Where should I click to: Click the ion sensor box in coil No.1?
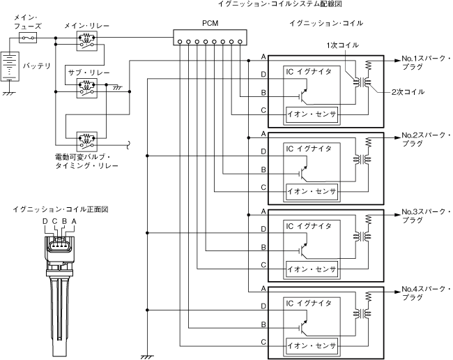[x=312, y=113]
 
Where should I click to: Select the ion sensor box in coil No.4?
[x=312, y=344]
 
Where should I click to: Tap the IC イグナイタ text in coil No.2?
[x=307, y=149]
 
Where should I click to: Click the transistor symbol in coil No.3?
[x=303, y=248]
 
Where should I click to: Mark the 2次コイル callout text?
[x=407, y=92]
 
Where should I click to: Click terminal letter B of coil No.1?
[x=262, y=92]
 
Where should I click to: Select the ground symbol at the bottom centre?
[x=147, y=355]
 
